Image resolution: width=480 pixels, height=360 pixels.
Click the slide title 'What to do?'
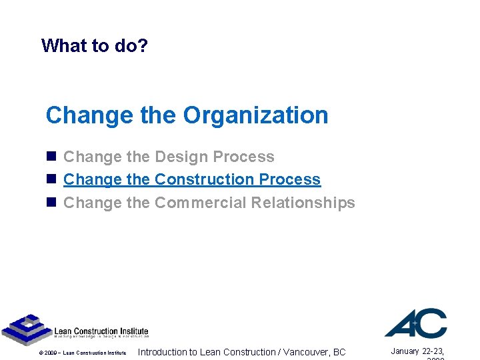[95, 45]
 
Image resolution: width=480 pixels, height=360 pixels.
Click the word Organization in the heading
[256, 115]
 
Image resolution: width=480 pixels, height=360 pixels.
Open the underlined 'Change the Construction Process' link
[192, 179]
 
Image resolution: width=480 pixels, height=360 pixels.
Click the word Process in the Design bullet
[243, 157]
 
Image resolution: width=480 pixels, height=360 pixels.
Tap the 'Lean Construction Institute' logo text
[101, 331]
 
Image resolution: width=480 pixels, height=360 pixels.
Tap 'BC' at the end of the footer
[339, 352]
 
